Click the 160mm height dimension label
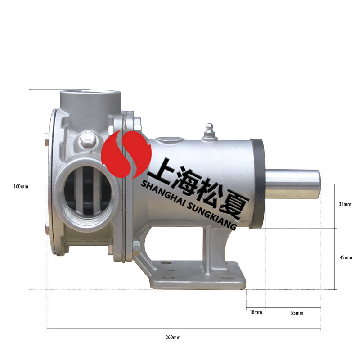point(21,186)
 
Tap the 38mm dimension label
point(345,204)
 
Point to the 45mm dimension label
point(345,257)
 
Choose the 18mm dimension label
point(255,312)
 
